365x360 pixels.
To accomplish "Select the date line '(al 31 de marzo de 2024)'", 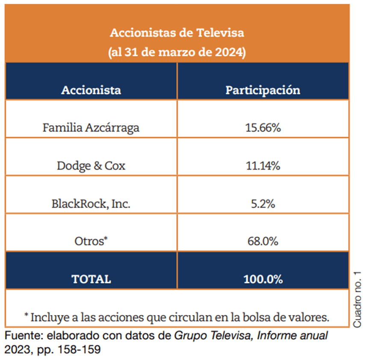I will coord(177,53).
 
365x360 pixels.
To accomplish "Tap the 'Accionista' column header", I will coord(91,91).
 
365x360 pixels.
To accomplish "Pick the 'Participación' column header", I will coord(263,91).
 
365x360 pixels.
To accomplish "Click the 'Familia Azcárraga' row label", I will coord(91,128).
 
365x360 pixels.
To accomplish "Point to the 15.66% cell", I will coord(263,128).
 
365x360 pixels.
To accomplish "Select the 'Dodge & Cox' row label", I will coord(91,166).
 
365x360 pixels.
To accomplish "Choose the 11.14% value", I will coord(263,166).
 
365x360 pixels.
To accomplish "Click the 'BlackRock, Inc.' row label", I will coord(91,204).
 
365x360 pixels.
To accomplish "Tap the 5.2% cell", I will coord(263,204).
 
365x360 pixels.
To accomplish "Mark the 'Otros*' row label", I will coord(91,241).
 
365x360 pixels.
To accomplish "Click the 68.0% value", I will coord(263,241).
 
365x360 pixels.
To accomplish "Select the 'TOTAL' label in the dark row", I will coord(91,279).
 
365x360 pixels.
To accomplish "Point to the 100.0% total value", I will coord(263,279).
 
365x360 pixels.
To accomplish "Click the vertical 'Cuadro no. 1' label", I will coord(358,299).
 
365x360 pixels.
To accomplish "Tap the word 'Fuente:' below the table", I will coord(22,335).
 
